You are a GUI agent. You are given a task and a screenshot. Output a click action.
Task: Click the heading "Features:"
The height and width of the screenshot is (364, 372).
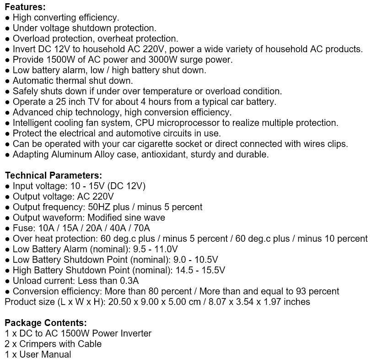point(25,7)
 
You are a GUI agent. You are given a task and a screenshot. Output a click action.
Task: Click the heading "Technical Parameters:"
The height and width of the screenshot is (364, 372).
point(54,175)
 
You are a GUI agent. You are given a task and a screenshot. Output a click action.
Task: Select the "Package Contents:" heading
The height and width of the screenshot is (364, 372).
point(46,323)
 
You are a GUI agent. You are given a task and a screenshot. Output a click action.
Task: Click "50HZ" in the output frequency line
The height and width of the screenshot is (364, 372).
point(98,207)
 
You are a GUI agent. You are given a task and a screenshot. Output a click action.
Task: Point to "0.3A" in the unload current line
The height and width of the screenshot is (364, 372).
point(129,281)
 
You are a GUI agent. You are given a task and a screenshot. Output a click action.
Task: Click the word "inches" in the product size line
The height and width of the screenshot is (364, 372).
point(297,302)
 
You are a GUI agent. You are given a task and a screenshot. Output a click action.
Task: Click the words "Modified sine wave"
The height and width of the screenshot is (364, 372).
point(126,217)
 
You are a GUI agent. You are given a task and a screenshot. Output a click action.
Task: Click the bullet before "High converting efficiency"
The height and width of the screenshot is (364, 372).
point(7,18)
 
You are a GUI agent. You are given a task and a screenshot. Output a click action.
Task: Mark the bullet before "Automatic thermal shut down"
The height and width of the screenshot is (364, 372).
point(7,81)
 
